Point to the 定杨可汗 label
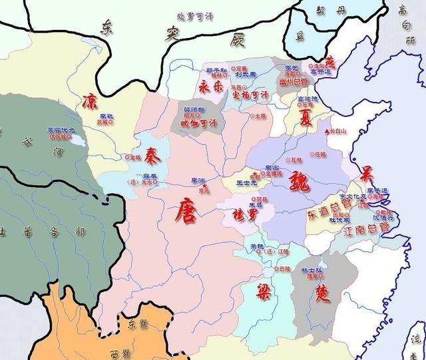pyautogui.click(x=248, y=95)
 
